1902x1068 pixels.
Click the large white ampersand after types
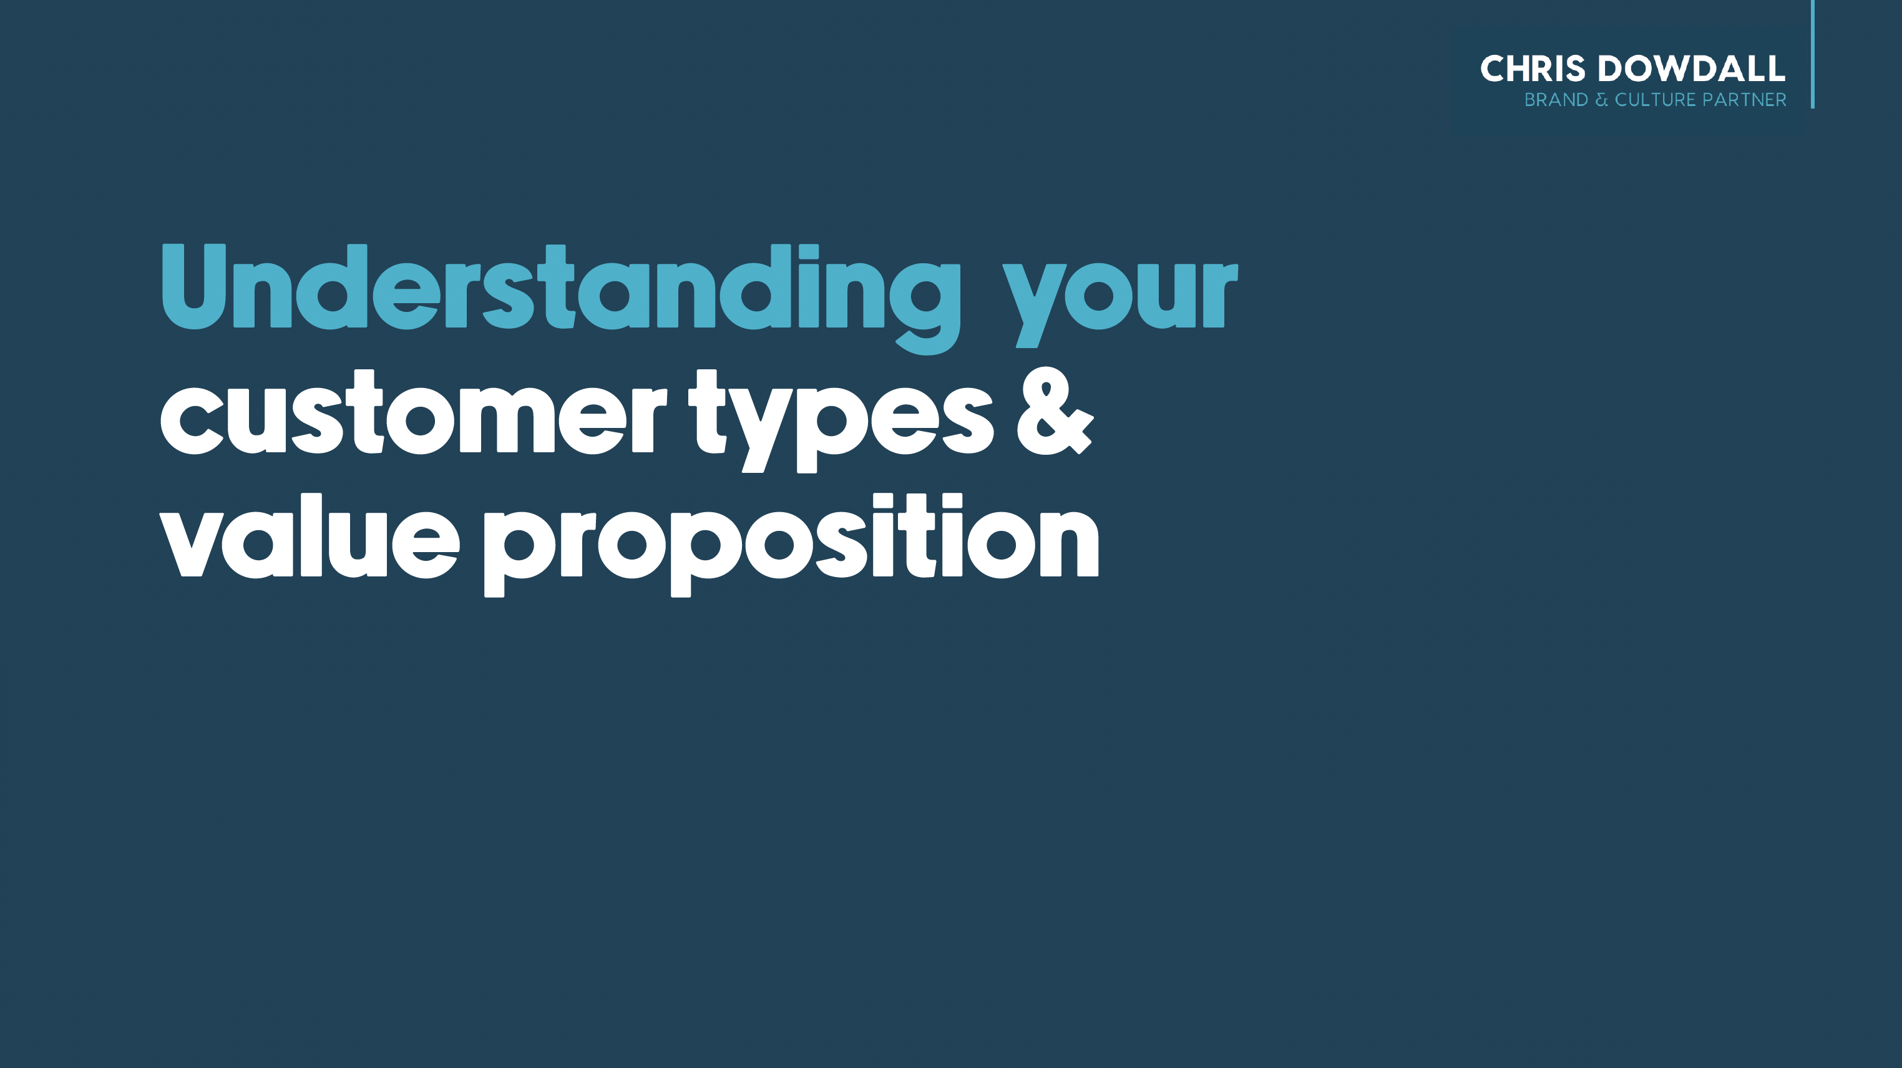(1055, 411)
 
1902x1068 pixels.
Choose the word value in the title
(310, 536)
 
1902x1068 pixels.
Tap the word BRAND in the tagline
(1556, 100)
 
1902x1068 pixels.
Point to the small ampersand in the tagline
(1601, 100)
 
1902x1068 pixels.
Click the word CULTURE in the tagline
(1656, 100)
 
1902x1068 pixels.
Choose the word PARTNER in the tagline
(1745, 100)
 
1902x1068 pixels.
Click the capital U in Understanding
(193, 286)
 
